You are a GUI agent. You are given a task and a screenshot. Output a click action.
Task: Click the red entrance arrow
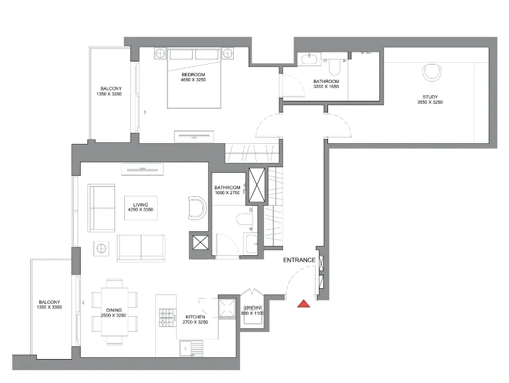[303, 303]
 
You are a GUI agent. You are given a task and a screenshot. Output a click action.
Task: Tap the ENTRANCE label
[299, 260]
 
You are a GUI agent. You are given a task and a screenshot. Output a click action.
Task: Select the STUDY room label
[430, 99]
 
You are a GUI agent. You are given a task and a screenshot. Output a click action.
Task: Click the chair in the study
[433, 73]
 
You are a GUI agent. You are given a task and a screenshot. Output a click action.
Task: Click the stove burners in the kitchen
[167, 317]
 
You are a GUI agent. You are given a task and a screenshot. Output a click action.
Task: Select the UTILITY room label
[252, 310]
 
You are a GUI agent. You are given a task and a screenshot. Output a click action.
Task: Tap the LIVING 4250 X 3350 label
[140, 207]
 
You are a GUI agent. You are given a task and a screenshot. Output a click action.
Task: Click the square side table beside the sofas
[102, 249]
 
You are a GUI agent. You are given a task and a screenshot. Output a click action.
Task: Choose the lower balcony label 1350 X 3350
[49, 305]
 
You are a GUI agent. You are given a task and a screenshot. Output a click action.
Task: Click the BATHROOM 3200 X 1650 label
[326, 84]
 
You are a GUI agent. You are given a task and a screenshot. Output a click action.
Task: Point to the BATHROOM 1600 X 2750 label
[226, 190]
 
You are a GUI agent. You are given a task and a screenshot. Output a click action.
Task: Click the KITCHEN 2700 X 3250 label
[195, 320]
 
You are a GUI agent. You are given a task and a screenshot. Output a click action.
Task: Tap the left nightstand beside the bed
[160, 53]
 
